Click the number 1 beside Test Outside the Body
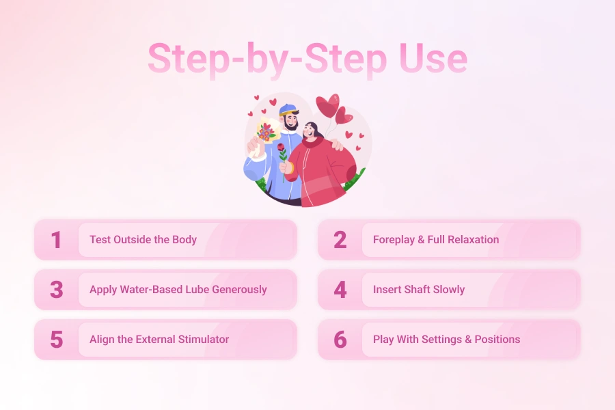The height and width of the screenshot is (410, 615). tap(56, 240)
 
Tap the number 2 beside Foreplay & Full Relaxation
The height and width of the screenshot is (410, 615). tap(340, 240)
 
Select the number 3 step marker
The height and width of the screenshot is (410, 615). tap(56, 290)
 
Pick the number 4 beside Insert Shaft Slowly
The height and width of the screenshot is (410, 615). tap(340, 290)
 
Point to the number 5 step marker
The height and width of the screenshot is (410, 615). tap(56, 340)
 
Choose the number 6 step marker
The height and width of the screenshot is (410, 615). tap(340, 340)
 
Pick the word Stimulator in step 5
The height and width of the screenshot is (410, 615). tap(202, 340)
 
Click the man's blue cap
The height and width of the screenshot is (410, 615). tap(289, 110)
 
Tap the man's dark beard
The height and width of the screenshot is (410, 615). tap(292, 126)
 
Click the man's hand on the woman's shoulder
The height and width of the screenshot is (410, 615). tap(336, 144)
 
